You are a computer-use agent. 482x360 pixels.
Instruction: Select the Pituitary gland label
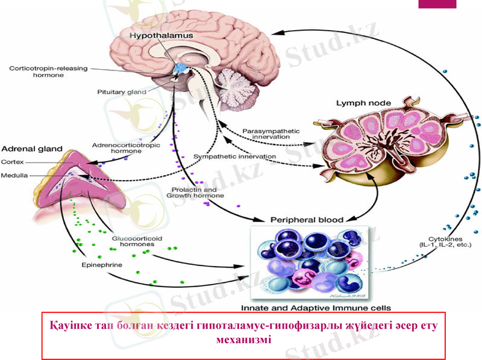click(122, 92)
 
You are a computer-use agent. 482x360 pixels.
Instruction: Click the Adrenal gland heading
click(30, 149)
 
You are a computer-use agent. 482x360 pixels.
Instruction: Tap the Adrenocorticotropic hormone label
click(117, 148)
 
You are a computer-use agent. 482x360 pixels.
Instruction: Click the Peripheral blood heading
click(307, 220)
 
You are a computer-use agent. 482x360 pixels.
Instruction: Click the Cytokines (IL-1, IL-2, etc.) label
click(445, 241)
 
